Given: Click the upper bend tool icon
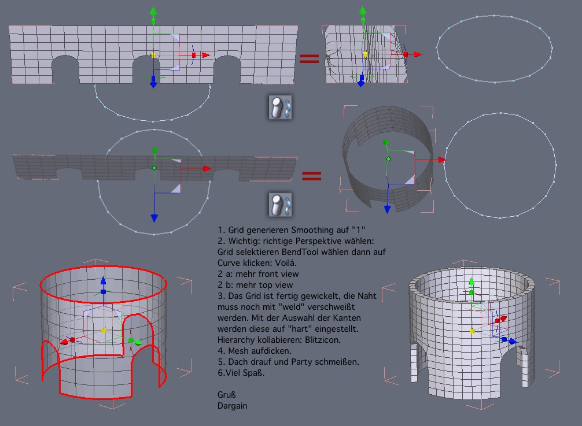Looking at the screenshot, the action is [x=280, y=108].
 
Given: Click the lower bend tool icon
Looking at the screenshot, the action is [x=280, y=204].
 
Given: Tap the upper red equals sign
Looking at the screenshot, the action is [x=309, y=58].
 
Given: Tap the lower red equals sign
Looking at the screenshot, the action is [x=311, y=176].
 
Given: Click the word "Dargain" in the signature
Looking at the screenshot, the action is [x=233, y=406].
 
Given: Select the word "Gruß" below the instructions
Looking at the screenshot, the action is [x=226, y=394].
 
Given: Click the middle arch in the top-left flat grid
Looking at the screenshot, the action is [x=146, y=69].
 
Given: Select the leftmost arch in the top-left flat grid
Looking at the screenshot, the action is [x=65, y=69].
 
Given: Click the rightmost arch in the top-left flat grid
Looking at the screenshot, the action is [x=227, y=69].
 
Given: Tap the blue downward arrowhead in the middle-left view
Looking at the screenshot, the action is [x=154, y=218].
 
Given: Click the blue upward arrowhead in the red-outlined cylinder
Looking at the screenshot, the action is [x=103, y=280].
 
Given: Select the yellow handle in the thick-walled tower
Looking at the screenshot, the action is [x=472, y=331].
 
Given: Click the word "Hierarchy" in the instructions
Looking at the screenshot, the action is [x=236, y=340].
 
